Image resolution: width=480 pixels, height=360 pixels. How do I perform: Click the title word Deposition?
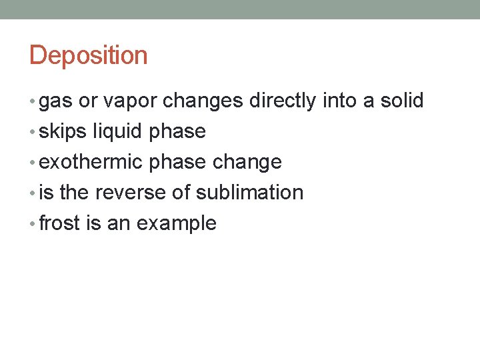pyautogui.click(x=88, y=55)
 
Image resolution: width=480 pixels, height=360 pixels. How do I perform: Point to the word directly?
pyautogui.click(x=283, y=101)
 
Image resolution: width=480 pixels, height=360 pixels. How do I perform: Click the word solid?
pyautogui.click(x=401, y=101)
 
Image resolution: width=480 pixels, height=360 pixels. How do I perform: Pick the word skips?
pyautogui.click(x=63, y=132)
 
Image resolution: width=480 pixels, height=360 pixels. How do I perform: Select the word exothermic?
pyautogui.click(x=91, y=162)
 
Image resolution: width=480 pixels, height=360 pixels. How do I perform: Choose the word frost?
pyautogui.click(x=59, y=223)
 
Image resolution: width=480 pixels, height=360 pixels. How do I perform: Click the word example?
pyautogui.click(x=176, y=224)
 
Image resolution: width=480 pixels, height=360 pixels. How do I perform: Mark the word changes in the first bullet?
pyautogui.click(x=203, y=101)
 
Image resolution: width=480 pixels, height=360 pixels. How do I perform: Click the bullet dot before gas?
pyautogui.click(x=33, y=102)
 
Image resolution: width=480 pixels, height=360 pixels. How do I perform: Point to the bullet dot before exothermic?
pyautogui.click(x=33, y=163)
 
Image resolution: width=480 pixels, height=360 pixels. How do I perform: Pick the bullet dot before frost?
pyautogui.click(x=33, y=224)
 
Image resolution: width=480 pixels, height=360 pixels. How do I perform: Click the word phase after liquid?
pyautogui.click(x=177, y=132)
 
